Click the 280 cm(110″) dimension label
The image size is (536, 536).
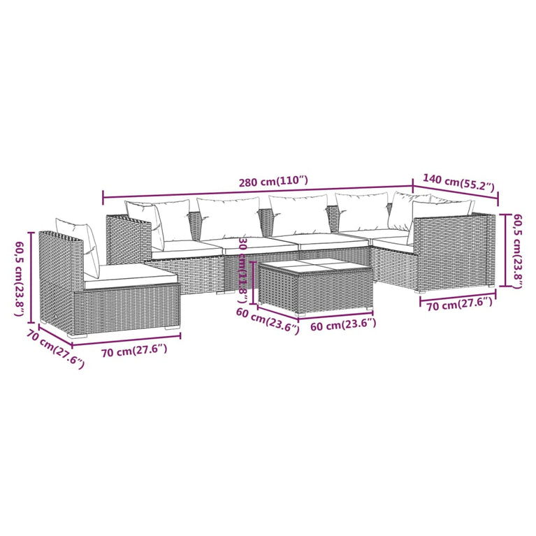pyautogui.click(x=273, y=181)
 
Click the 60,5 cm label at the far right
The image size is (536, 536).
pyautogui.click(x=517, y=249)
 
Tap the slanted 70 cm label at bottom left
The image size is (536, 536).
pyautogui.click(x=55, y=349)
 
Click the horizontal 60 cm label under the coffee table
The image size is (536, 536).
pyautogui.click(x=342, y=324)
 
